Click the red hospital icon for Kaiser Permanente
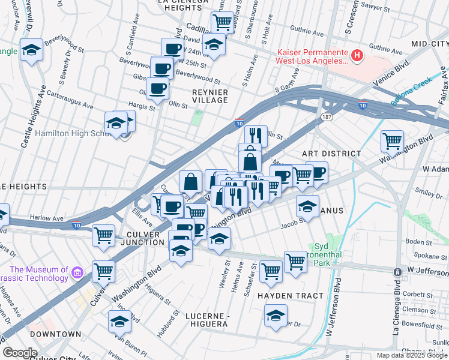[x=357, y=56]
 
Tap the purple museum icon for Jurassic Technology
[x=76, y=274]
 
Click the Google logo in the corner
[x=20, y=352]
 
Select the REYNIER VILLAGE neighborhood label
[x=209, y=96]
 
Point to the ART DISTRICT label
[x=331, y=154]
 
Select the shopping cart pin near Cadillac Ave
[x=222, y=23]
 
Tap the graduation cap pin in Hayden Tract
[x=276, y=316]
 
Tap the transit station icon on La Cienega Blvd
[x=397, y=272]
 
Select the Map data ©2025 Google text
[x=411, y=355]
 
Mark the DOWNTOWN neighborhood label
[x=56, y=334]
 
